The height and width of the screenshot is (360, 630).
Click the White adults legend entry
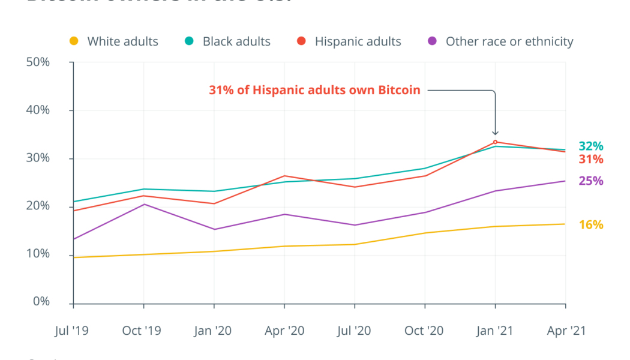tap(114, 41)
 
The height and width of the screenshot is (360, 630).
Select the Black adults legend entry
tap(228, 41)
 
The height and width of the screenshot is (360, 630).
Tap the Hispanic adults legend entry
tap(349, 41)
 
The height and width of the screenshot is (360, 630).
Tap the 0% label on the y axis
tap(41, 302)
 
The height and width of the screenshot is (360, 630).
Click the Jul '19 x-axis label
tap(73, 330)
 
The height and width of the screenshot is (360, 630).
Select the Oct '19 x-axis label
tap(143, 330)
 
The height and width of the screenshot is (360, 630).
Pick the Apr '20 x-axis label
tap(284, 330)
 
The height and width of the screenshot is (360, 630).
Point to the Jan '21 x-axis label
tap(495, 330)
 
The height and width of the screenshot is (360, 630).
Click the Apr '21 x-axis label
tap(565, 330)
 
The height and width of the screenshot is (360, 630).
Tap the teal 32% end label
tap(591, 146)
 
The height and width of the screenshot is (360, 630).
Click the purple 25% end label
tap(591, 181)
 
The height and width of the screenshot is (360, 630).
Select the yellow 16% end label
tap(591, 225)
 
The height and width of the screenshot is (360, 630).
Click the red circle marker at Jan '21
tap(495, 142)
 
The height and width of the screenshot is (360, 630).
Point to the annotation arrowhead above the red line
tap(495, 133)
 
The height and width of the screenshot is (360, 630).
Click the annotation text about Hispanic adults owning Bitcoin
tap(314, 91)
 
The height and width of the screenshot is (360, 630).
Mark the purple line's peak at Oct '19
tap(143, 205)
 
